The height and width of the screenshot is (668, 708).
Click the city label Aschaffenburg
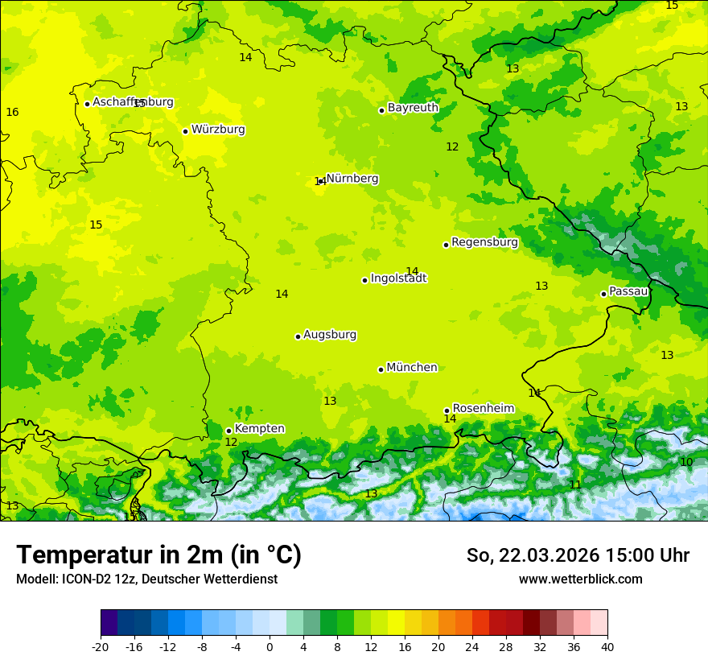pos(133,102)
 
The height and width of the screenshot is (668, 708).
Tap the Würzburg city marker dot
pos(185,131)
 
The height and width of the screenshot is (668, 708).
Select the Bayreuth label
pos(413,108)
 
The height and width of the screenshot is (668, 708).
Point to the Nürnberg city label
pos(352,179)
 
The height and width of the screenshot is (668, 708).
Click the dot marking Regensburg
pos(446,245)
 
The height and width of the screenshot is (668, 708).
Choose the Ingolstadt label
pos(398,278)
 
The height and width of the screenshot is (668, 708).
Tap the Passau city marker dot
pos(603,294)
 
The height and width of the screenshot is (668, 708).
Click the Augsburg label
pos(330,335)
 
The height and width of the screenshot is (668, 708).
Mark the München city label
pos(412,368)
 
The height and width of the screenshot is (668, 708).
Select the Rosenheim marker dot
pos(447,410)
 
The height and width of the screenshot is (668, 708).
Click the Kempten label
pos(259,429)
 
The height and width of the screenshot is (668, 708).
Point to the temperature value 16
pos(12,112)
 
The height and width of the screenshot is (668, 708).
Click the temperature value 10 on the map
pos(686,462)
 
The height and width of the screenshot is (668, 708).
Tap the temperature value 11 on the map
pos(575,485)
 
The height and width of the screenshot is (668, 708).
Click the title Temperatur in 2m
pos(158,555)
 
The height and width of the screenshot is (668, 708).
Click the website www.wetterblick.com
pos(580,579)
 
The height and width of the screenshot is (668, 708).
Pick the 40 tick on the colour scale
pos(607,646)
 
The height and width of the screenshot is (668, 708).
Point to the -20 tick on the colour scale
pos(101,646)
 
